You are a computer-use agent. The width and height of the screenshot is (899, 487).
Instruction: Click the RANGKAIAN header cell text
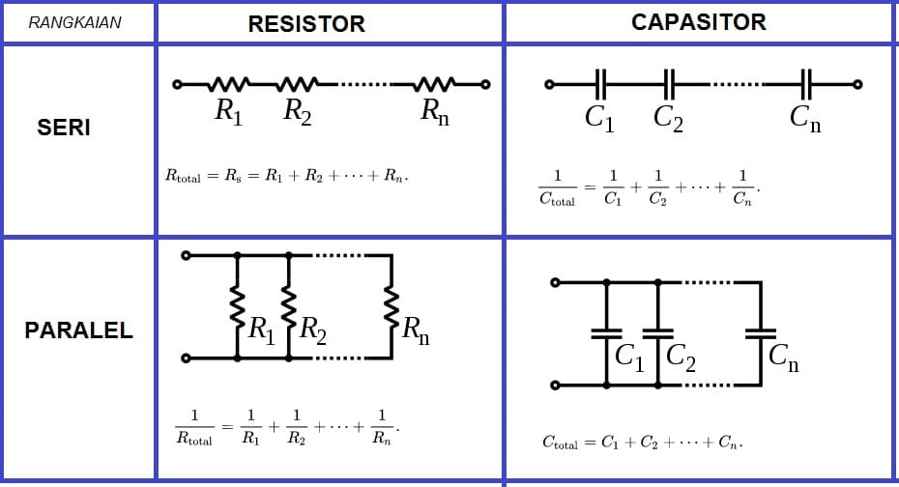[x=74, y=22]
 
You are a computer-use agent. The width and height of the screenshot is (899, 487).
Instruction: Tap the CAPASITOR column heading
[x=698, y=22]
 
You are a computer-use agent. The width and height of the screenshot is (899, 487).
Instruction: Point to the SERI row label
[x=64, y=128]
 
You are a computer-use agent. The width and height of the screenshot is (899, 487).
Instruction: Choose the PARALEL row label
[x=78, y=330]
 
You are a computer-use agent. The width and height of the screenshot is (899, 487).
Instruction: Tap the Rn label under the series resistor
[x=434, y=112]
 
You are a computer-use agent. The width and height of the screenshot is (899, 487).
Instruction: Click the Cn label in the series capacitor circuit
[x=804, y=118]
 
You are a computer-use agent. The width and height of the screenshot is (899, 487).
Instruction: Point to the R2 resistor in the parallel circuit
[x=288, y=306]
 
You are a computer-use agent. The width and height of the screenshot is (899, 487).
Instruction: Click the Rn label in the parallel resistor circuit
[x=416, y=331]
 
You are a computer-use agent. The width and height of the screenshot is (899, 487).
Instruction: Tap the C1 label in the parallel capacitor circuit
[x=629, y=358]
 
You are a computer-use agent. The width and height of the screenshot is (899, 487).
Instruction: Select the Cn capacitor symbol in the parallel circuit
[x=760, y=333]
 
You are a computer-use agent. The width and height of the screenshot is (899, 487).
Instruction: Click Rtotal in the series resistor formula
[x=183, y=177]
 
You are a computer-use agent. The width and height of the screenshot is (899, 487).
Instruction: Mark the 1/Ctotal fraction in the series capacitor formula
[x=557, y=188]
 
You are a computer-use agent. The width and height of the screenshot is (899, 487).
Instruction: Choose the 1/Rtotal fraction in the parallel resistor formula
[x=194, y=427]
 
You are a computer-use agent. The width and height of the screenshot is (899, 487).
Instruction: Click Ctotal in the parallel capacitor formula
[x=560, y=444]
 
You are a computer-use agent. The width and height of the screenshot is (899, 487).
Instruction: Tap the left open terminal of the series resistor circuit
[x=177, y=85]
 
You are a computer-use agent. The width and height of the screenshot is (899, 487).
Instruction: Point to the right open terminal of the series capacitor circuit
[x=856, y=84]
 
